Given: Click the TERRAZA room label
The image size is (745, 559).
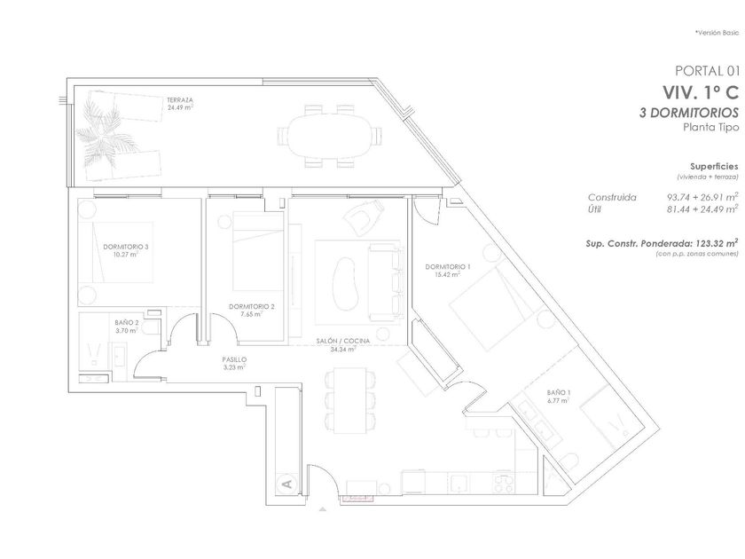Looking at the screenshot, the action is pos(179,100).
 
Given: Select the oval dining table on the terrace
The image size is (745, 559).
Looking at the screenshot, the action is pos(329,136).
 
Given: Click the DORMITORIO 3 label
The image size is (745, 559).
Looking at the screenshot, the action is pos(126,247).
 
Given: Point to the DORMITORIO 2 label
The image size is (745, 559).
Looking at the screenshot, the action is pos(252,307).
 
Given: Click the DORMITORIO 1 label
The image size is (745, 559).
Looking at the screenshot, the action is pos(448,267).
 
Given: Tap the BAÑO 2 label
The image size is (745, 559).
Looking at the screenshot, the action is pos(126,322).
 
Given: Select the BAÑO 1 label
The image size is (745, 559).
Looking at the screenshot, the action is pos(558,392).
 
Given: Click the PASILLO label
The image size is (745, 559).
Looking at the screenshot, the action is pos(234,360).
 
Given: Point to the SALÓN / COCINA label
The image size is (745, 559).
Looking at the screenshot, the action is pos(343,341).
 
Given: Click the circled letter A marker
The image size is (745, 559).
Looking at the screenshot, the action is pos(287,484).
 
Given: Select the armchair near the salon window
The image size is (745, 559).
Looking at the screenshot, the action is pos(365,217).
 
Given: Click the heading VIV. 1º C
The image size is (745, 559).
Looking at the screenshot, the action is pos(702,92).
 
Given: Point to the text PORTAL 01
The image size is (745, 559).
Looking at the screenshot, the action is pos(708,71).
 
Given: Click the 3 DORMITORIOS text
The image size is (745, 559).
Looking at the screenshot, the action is pos(689,113).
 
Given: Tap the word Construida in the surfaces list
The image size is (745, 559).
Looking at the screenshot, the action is pos(612,197).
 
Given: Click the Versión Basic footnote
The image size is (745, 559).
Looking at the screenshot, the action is pos(717,33).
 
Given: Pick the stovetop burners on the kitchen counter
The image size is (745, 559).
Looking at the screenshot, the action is pos(504,484).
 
